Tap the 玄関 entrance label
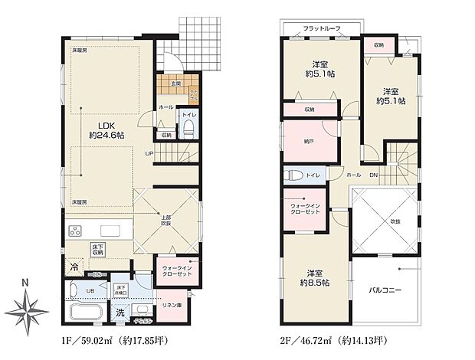175,84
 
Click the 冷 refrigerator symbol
74,268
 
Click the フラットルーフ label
322,28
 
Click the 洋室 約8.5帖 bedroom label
316,277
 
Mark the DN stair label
373,175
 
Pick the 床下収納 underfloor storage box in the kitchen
97,249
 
